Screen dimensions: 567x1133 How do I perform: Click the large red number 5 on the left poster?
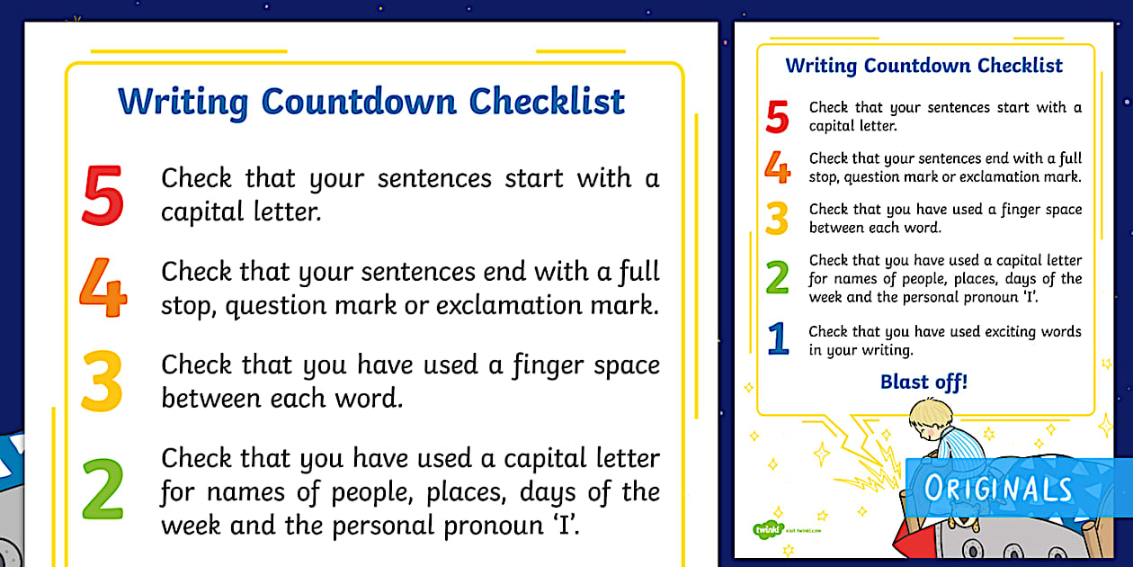(x=103, y=193)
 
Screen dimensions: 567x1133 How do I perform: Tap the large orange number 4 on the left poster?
(x=103, y=287)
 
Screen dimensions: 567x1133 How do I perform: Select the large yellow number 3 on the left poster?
(x=102, y=382)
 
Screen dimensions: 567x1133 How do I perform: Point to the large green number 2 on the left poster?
(x=103, y=490)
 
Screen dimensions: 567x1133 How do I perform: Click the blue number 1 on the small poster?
(x=778, y=339)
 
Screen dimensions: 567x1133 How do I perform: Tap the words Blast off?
(x=924, y=382)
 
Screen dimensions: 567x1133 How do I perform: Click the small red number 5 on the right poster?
(x=777, y=118)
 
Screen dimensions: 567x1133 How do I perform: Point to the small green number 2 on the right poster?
(x=777, y=278)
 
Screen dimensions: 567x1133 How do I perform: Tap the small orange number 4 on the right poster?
(x=777, y=167)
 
